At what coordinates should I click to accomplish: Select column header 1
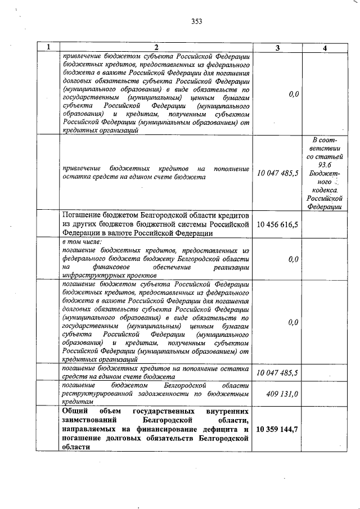point(48,48)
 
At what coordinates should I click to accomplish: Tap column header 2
point(156,48)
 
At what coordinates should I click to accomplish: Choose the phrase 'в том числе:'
point(82,241)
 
